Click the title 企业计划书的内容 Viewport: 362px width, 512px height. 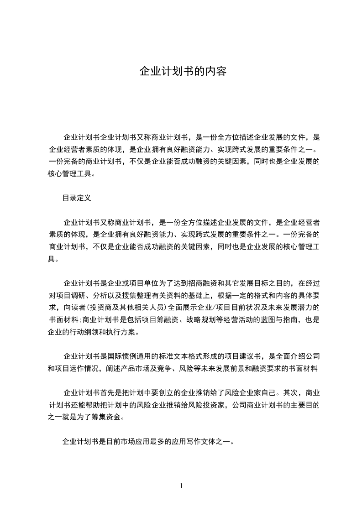(x=183, y=72)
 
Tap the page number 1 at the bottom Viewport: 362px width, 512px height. (x=181, y=486)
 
